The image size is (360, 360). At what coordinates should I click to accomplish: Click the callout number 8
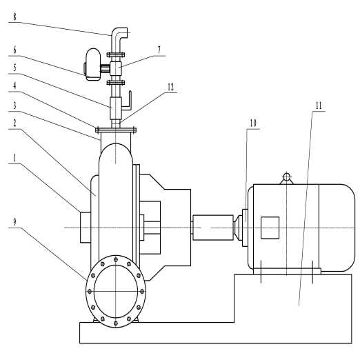coord(14,17)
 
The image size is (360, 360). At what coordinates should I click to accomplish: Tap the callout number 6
coord(14,50)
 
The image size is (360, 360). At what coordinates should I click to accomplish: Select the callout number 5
coord(14,68)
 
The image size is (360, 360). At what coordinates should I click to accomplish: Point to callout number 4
coord(14,86)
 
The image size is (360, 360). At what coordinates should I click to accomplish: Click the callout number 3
coord(14,106)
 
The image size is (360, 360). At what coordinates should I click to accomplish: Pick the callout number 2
coord(14,123)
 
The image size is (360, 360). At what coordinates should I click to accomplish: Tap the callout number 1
coord(14,158)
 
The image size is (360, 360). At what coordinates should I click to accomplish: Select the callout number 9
coord(14,222)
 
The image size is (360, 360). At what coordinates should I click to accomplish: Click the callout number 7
coord(159,50)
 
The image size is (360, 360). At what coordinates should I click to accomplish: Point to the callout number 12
coord(171,87)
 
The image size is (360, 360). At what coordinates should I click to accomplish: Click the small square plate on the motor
coord(270,228)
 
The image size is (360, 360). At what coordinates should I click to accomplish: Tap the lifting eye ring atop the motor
coord(286,177)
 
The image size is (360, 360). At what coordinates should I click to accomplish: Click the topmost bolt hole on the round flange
coord(116,259)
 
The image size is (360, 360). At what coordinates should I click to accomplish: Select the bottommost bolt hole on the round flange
coord(116,323)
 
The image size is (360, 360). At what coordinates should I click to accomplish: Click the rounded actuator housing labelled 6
coord(92,65)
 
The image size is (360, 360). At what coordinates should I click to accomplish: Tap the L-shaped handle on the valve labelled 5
coord(128,101)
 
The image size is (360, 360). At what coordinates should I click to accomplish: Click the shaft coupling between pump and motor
coord(213,228)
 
